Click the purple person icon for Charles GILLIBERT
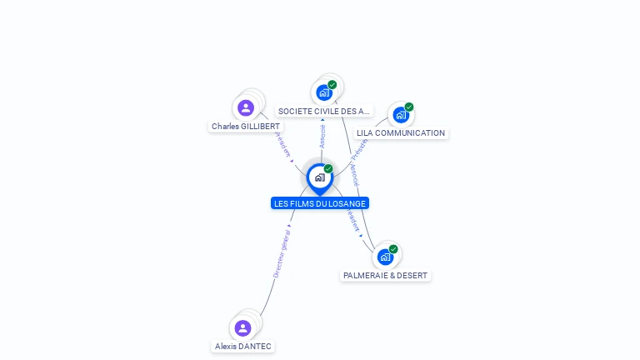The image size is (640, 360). [245, 107]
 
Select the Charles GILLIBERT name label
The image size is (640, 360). [246, 127]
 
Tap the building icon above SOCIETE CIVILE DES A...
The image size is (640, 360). [324, 92]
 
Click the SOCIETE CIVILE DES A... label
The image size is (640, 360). [324, 111]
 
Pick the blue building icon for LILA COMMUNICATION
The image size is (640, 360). [401, 115]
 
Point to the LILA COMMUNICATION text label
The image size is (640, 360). [401, 133]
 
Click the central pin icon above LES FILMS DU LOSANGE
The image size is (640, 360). [319, 177]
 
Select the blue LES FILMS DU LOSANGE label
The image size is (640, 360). [320, 203]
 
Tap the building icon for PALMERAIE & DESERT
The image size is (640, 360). [385, 257]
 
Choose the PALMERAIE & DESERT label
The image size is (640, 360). [386, 275]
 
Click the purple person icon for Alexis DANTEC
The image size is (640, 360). [242, 327]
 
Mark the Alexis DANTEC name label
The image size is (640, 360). [243, 347]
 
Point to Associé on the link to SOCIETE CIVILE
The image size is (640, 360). [322, 136]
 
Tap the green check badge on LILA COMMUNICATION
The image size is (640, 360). [409, 107]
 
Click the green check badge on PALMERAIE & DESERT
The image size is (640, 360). [393, 248]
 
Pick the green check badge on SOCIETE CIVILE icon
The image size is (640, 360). [332, 84]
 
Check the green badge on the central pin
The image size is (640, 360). [328, 168]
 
